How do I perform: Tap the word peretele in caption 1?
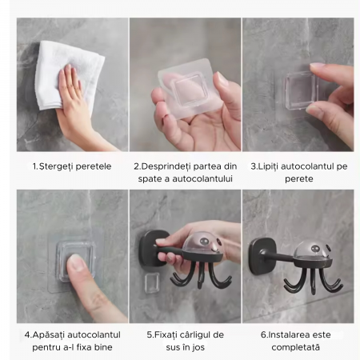(94, 166)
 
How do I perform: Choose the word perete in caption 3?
(299, 179)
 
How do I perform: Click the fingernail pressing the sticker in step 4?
(77, 262)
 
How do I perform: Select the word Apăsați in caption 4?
(49, 335)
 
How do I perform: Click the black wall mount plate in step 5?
(151, 249)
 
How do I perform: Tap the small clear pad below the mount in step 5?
(152, 283)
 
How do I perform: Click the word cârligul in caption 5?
(194, 335)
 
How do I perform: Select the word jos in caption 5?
(198, 347)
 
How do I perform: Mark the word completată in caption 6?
(295, 347)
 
